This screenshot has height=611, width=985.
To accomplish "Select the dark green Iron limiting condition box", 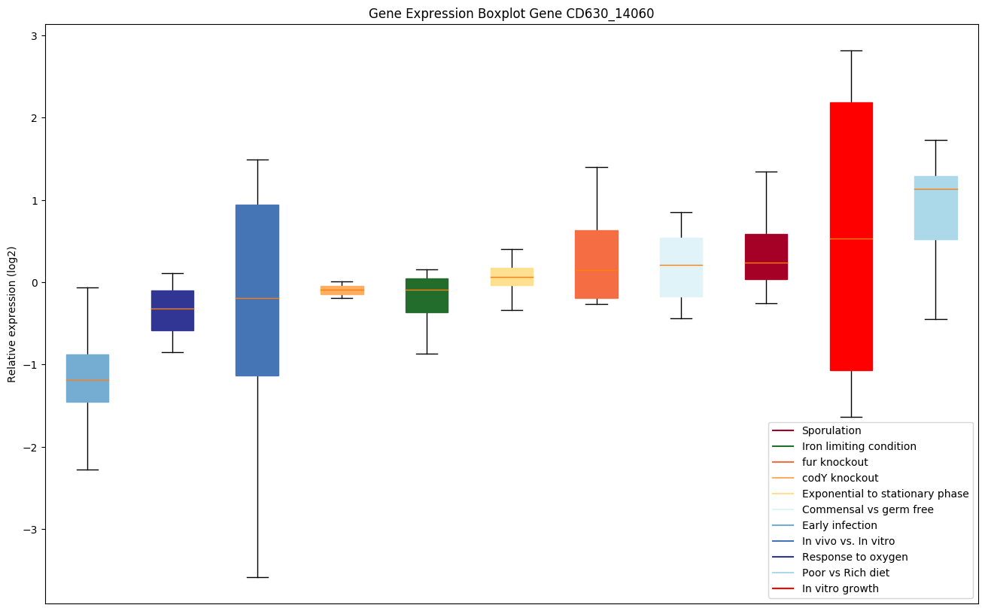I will (427, 295).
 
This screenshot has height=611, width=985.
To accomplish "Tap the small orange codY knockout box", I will (342, 290).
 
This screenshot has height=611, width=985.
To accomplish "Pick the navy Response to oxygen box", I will (172, 310).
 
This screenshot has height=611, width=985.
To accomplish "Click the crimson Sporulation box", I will (766, 257).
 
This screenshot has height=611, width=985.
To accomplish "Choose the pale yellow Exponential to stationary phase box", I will (512, 276).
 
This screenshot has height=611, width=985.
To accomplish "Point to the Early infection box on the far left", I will (87, 378).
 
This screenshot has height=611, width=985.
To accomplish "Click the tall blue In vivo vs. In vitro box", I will (257, 290).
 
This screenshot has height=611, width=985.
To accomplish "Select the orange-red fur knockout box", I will (597, 264).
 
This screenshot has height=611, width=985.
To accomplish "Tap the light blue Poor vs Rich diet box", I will (935, 208).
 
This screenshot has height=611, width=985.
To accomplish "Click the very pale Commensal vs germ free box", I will (681, 267).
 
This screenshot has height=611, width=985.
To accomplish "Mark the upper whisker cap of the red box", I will (851, 50).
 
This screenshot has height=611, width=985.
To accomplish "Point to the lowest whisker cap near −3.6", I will (257, 577).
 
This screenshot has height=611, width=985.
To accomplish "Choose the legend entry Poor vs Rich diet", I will (845, 573).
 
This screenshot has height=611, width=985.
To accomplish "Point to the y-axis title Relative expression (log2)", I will (12, 314).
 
